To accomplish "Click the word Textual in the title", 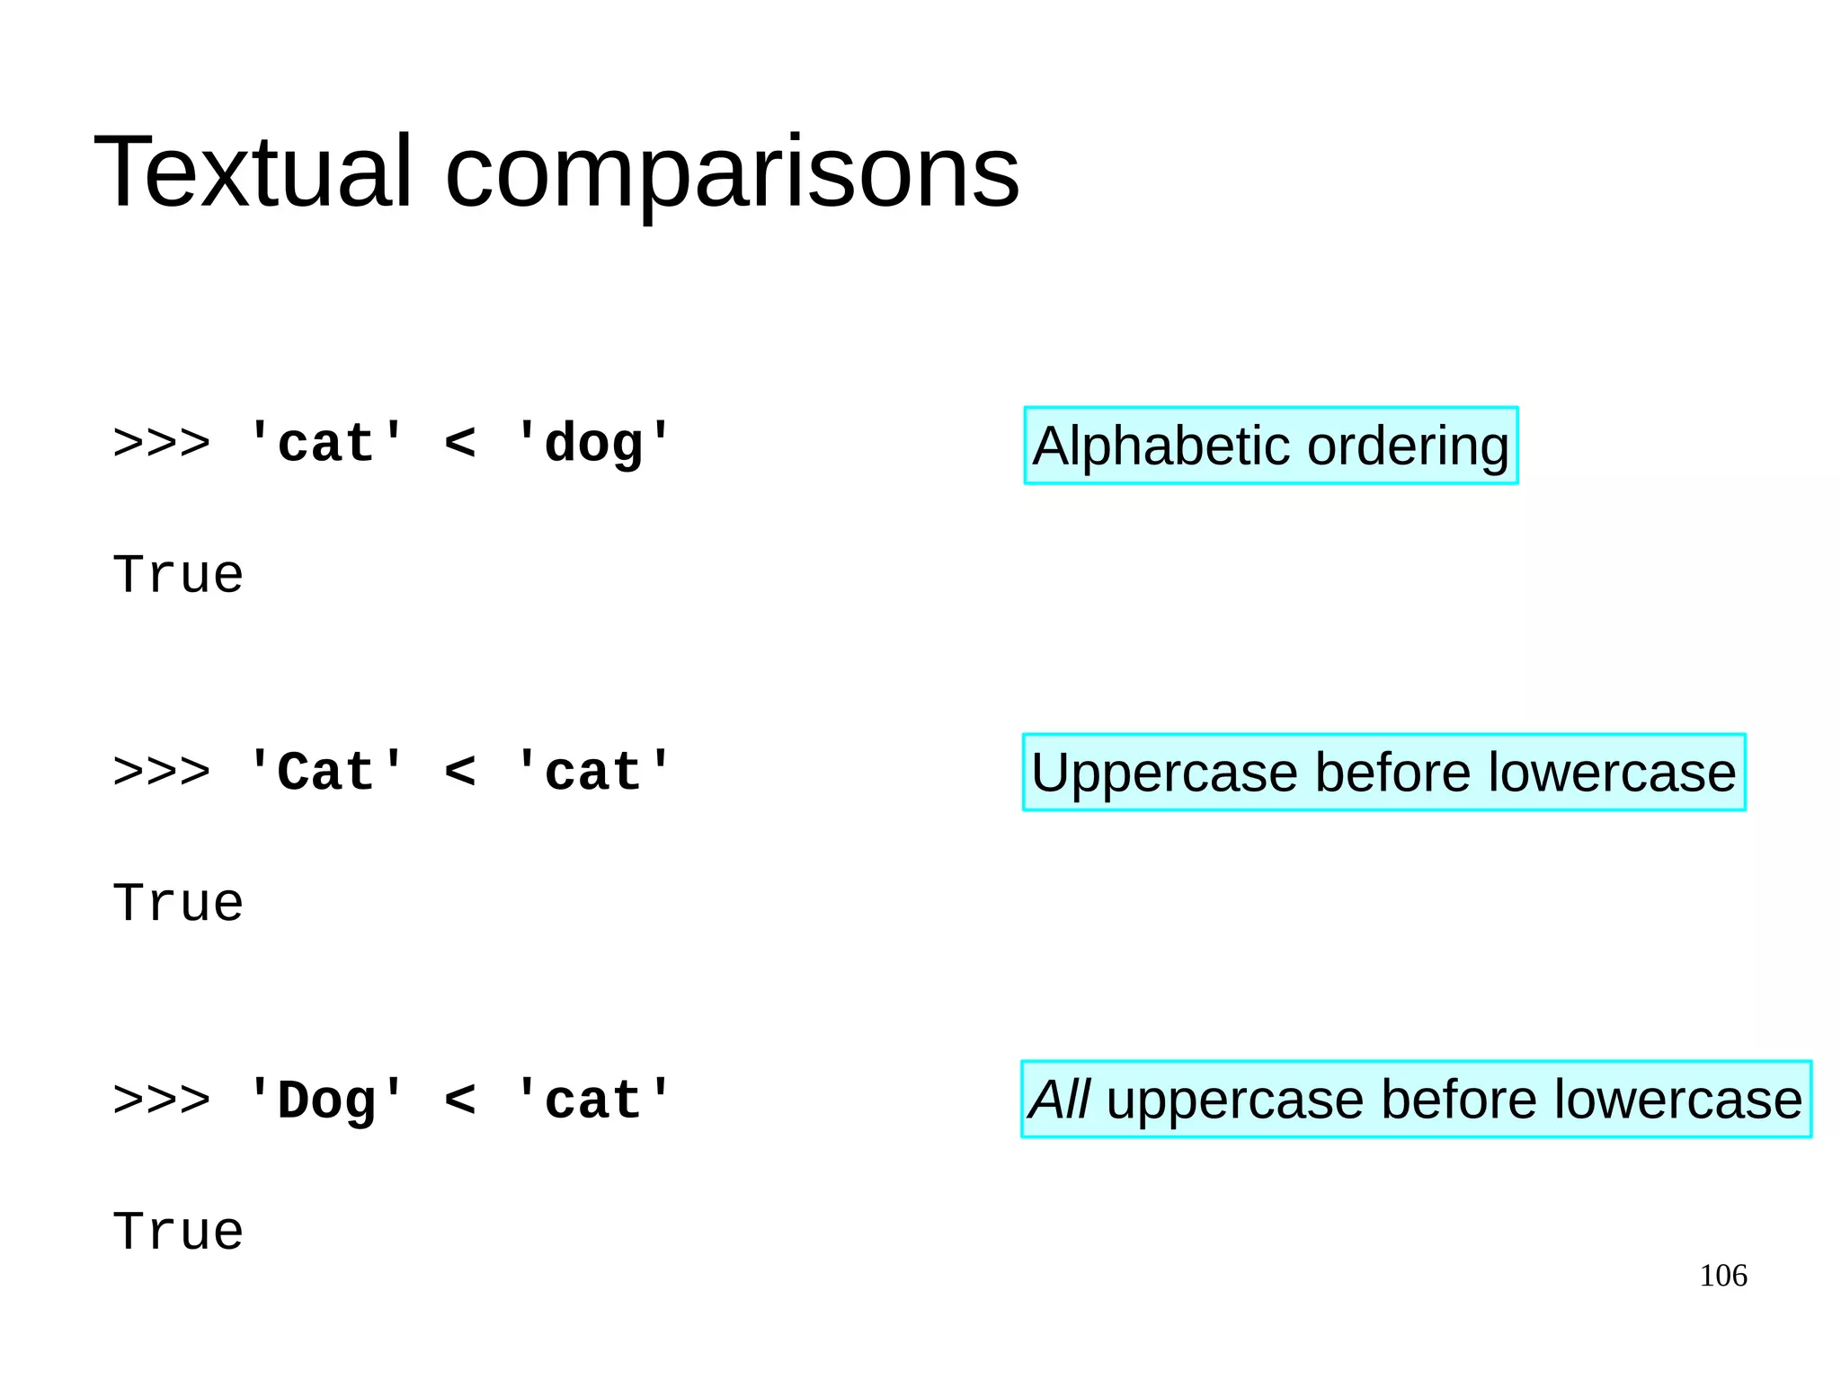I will click(x=253, y=172).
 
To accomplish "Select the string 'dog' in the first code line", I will click(x=593, y=444).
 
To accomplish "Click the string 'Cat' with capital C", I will click(x=325, y=772).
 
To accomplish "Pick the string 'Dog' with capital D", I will click(x=325, y=1101).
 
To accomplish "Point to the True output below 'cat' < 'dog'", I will click(x=178, y=575).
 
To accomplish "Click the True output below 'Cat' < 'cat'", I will click(x=178, y=903).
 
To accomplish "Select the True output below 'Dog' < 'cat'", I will click(x=178, y=1232).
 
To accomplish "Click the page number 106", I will click(x=1722, y=1276).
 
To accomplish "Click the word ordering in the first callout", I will click(x=1408, y=446).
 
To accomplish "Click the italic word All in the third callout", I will click(x=1059, y=1100).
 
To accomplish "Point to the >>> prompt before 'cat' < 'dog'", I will click(x=162, y=444).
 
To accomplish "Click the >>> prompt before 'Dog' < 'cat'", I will click(x=162, y=1101).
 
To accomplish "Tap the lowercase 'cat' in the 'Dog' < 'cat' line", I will click(x=593, y=1101).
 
